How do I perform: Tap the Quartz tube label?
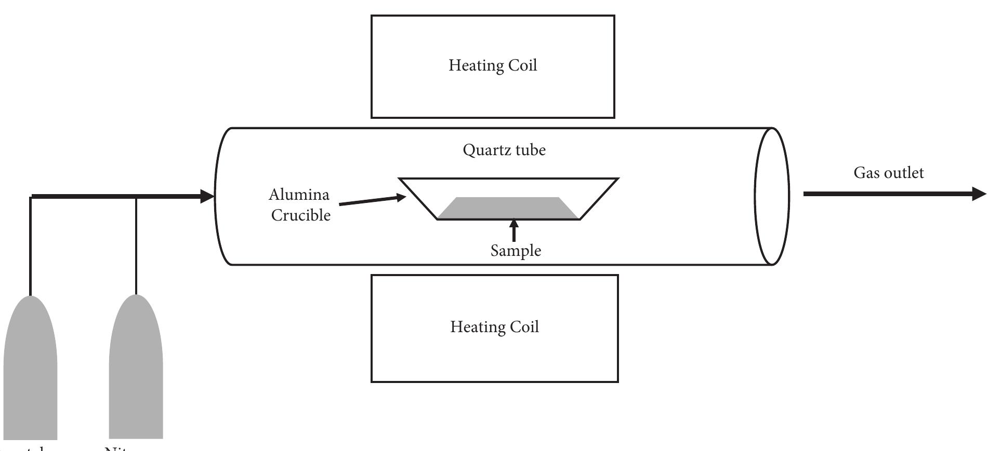pos(504,151)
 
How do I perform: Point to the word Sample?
pos(516,251)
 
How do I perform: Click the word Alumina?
pos(299,195)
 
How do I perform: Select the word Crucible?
pos(301,215)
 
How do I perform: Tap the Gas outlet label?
pos(889,173)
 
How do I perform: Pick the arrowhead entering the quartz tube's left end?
pos(207,196)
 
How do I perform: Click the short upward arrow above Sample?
pos(514,230)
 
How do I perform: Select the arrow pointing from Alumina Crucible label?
pos(372,200)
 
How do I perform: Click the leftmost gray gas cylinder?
pos(30,368)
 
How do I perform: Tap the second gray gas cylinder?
pos(136,368)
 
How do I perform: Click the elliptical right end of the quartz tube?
pos(772,196)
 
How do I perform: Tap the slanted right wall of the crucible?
pos(599,199)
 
